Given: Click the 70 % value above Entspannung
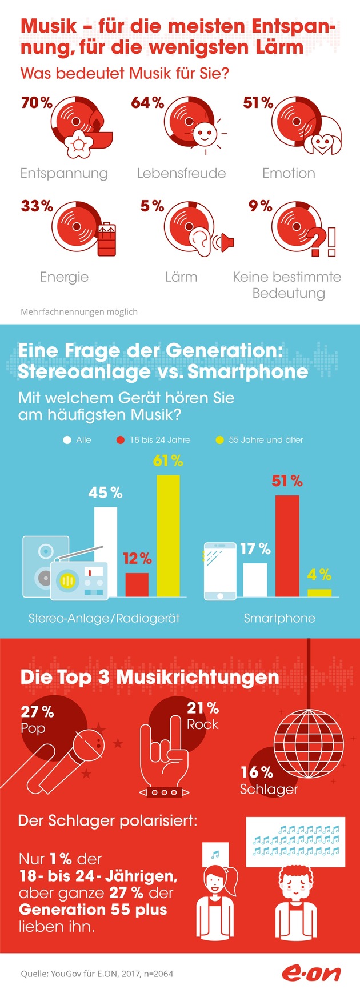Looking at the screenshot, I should coord(37,103).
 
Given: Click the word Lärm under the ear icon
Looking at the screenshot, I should coord(181,277).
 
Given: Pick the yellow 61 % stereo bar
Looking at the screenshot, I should coord(168,536).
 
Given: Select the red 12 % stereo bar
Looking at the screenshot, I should coord(137,584).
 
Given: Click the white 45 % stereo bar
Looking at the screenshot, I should coord(106,552).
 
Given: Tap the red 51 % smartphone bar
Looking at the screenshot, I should coord(287,546).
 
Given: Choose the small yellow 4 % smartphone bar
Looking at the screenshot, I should coord(319,593).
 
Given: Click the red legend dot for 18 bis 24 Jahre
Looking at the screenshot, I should coord(120,440).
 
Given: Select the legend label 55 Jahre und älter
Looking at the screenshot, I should coord(266,440).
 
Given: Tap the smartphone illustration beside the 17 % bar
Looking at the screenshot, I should coord(221,571).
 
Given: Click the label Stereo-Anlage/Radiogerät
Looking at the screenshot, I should coord(104,618).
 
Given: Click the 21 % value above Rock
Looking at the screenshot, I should coord(203,708).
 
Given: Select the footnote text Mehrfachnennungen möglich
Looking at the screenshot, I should coord(79,312).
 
